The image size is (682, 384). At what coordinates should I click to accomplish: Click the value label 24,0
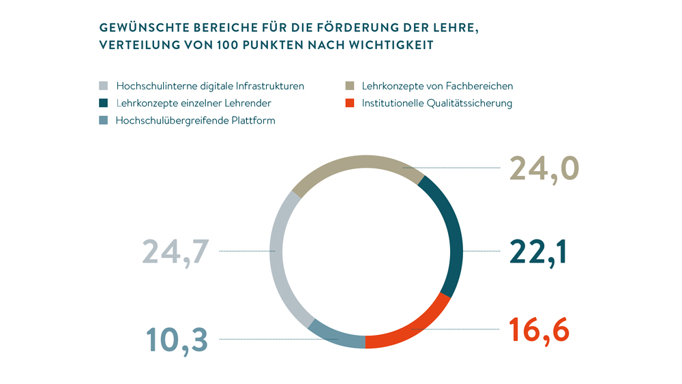click(x=544, y=168)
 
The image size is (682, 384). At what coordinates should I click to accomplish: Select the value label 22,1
click(x=538, y=252)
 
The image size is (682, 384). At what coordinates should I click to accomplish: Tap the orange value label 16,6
click(x=539, y=329)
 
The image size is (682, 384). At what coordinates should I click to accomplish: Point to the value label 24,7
click(x=175, y=251)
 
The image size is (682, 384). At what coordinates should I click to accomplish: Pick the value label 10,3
click(x=177, y=339)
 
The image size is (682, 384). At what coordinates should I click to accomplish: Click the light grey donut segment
click(x=281, y=259)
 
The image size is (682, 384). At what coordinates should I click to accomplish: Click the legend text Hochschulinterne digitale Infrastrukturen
click(x=210, y=87)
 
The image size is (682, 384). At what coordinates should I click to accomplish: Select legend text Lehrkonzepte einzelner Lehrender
click(x=194, y=104)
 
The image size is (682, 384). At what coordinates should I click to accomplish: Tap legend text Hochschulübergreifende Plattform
click(x=196, y=121)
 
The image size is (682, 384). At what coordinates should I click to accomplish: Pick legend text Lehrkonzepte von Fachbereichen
click(x=437, y=87)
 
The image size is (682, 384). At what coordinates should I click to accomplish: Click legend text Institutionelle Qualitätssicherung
click(x=436, y=104)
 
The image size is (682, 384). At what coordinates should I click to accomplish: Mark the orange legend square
click(x=349, y=104)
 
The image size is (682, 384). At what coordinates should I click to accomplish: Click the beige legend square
click(x=349, y=87)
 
